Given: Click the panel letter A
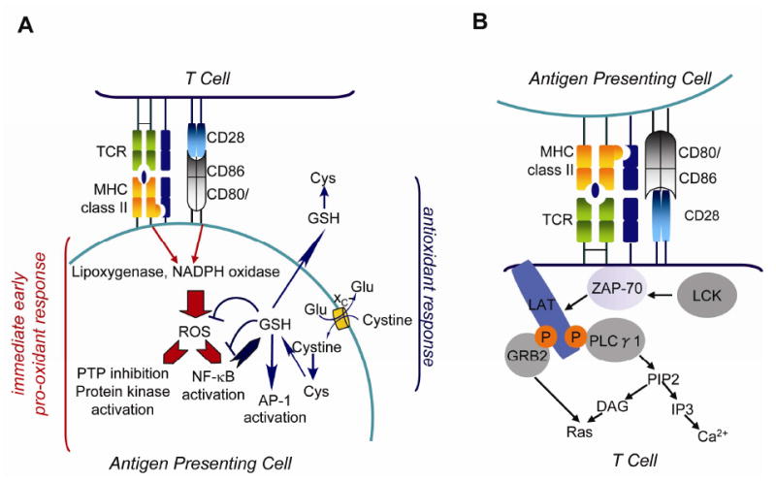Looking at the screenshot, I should pyautogui.click(x=27, y=26).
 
